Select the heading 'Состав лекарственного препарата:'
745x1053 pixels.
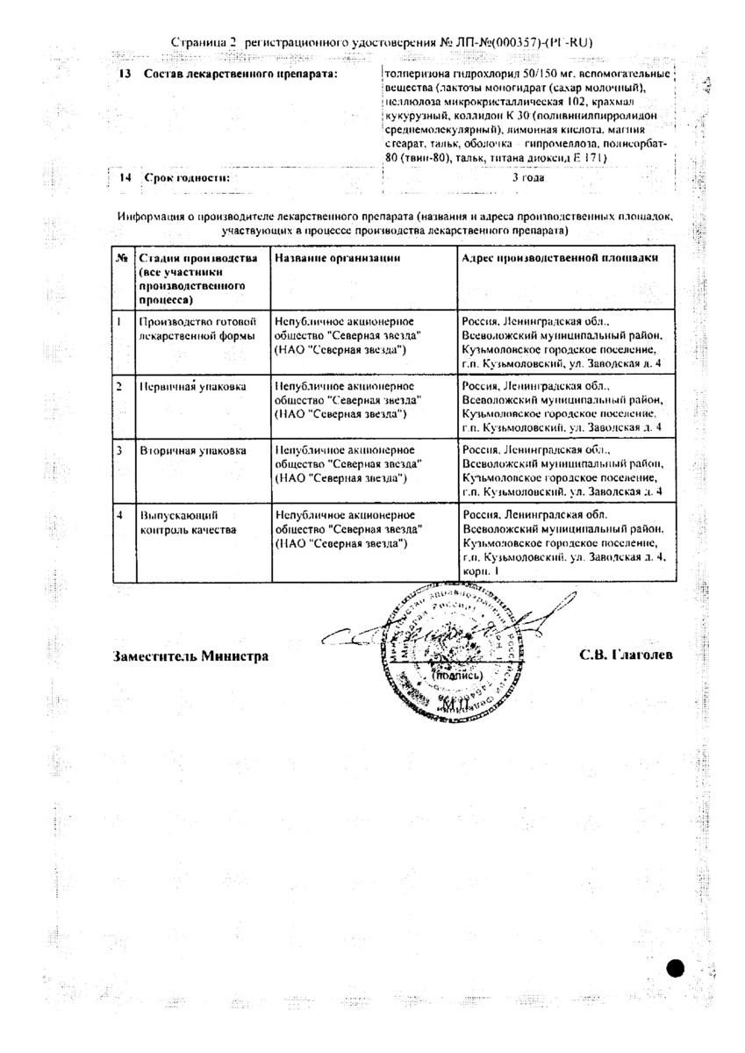240,75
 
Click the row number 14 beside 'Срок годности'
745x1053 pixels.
125,177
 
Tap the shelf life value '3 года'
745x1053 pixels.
527,177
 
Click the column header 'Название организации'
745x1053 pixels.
338,258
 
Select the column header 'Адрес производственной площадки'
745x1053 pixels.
555,258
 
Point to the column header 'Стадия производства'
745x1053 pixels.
198,258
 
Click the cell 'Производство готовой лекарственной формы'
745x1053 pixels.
197,328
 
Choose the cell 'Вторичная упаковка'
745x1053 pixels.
181,451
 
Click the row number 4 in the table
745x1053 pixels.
120,516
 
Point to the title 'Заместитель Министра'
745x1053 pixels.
190,655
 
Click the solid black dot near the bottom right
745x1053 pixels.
675,969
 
